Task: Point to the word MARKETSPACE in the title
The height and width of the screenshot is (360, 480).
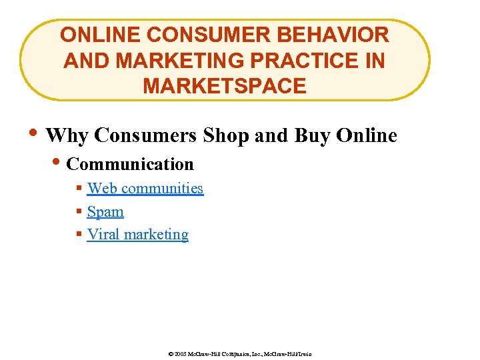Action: click(x=225, y=86)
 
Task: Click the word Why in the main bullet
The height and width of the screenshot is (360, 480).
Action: click(x=67, y=136)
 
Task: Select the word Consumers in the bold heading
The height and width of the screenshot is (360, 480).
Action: click(x=145, y=136)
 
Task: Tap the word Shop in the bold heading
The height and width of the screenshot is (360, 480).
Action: click(x=226, y=136)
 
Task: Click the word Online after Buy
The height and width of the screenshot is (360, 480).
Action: click(x=367, y=136)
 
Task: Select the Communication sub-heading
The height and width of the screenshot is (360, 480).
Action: click(x=130, y=164)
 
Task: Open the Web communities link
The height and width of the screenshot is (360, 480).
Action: click(x=145, y=189)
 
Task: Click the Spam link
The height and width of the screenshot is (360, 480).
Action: click(x=105, y=212)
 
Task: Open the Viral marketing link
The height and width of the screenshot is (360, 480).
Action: click(x=137, y=235)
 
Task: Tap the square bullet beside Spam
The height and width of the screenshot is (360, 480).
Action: click(x=79, y=212)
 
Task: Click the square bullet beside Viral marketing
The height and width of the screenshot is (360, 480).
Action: click(x=79, y=235)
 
